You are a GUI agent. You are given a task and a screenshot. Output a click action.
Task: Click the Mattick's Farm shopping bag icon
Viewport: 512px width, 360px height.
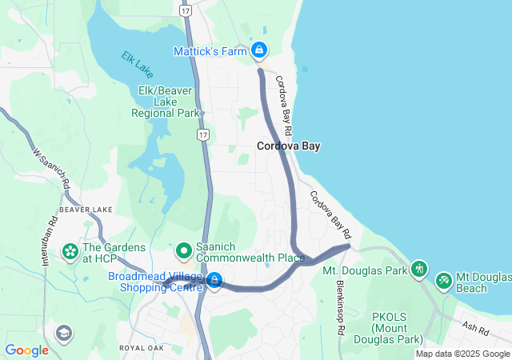tap(259, 50)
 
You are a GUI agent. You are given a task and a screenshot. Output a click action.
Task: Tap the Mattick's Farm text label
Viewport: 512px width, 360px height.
tap(210, 51)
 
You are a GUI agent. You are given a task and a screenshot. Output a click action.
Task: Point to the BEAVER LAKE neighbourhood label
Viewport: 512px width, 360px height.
tap(86, 210)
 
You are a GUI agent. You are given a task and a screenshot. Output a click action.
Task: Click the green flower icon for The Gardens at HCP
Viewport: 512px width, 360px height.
tap(70, 253)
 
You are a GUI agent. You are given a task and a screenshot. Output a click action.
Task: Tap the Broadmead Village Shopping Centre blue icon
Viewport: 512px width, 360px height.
tap(214, 280)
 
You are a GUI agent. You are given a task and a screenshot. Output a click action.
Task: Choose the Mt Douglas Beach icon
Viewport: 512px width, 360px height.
tap(444, 282)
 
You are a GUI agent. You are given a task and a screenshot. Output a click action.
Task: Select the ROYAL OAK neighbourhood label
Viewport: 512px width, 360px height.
tap(142, 349)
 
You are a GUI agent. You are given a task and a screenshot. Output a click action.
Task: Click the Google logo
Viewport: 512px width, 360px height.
tap(26, 350)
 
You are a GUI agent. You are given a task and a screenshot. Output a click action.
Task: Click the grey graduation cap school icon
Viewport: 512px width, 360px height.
tap(63, 332)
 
